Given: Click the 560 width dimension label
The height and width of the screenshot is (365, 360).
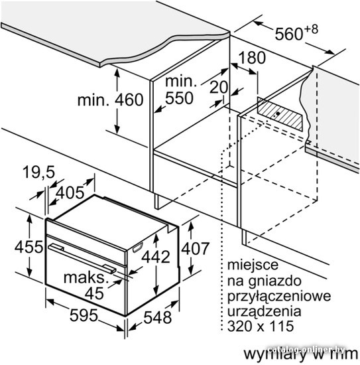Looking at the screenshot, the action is tap(288, 35).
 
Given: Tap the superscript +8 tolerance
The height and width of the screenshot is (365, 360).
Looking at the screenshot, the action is tap(311, 30).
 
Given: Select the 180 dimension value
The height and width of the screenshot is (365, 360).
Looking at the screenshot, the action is tap(252, 58).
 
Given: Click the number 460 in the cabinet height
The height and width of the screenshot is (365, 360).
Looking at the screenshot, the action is tap(129, 100).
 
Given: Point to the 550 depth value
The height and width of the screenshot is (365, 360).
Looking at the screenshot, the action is tap(179, 98).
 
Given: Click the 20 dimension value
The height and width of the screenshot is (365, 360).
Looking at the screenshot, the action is tap(218, 88).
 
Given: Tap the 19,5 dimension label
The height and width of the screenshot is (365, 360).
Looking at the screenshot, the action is tap(39, 173).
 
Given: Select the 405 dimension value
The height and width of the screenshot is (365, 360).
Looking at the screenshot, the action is tap(70, 193).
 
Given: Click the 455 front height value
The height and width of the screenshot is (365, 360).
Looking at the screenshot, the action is tap(29, 247).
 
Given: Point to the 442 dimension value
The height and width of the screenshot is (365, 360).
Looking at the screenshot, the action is tap(156, 257).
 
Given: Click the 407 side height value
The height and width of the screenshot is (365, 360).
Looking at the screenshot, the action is tap(196, 249).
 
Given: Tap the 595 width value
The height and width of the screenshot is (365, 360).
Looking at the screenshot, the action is tap(84, 316).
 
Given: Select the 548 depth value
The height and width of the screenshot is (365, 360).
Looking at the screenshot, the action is tap(158, 318).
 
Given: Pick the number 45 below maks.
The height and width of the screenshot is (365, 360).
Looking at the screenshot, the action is tap(94, 293).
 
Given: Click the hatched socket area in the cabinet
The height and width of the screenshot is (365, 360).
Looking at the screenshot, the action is tap(280, 114).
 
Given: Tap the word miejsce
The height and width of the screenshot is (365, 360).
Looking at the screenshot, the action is tap(253, 265).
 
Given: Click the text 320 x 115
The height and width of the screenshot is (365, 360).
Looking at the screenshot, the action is tap(261, 326).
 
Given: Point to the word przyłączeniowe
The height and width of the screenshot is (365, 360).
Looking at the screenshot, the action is tap(279, 297).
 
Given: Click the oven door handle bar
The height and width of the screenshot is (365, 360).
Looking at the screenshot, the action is tap(82, 258).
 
